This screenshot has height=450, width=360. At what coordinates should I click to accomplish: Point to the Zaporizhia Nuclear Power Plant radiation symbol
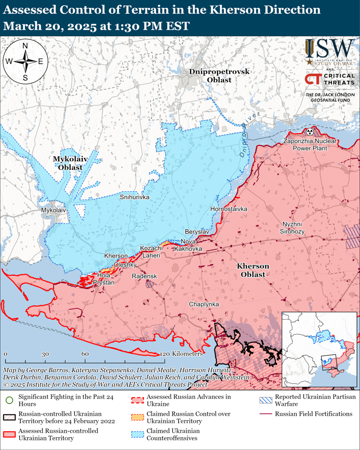pos(309,132)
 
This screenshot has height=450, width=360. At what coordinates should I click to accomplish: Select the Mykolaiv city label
pos(54,210)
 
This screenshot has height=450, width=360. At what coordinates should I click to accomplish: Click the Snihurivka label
pos(135,197)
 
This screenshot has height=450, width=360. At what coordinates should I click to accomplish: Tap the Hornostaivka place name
pos(229,209)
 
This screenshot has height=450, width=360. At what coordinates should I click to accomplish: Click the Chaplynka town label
pos(204,304)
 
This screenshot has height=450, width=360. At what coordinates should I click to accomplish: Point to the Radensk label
pos(144,277)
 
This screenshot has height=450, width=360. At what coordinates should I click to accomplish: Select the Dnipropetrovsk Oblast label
pos(219,75)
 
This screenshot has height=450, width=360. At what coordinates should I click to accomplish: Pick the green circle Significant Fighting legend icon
pos(9,400)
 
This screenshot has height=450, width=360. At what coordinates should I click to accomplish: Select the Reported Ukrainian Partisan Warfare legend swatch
pos(266,400)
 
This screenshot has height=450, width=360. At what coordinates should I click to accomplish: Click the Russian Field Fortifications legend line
pos(266,414)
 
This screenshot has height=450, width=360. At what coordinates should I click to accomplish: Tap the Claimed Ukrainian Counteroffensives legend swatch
pos(137,434)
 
